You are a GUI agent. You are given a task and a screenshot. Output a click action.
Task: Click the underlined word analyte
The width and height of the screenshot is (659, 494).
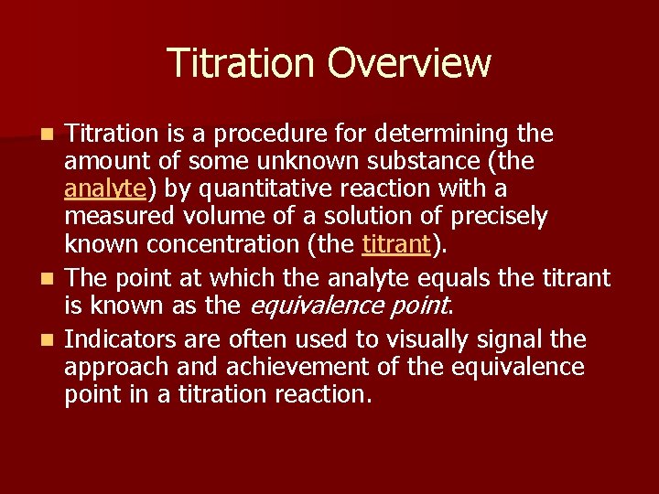pyautogui.click(x=105, y=189)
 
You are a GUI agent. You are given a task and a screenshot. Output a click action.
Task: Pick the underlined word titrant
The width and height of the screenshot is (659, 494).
pyautogui.click(x=395, y=244)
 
